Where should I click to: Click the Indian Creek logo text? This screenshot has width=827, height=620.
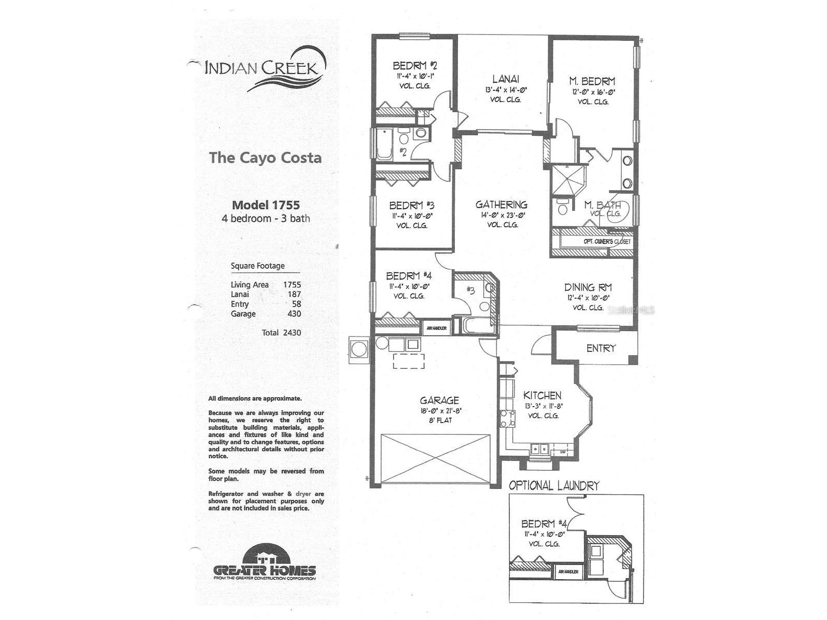(261, 68)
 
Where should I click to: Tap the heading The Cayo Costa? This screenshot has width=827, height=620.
(265, 158)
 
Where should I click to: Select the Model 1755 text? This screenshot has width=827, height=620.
(266, 205)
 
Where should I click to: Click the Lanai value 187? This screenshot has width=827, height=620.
(294, 294)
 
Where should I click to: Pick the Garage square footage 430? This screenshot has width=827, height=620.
(294, 314)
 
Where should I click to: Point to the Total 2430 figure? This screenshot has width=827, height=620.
(281, 333)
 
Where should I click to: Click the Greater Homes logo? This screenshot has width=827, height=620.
(265, 563)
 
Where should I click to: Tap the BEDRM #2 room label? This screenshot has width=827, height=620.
(415, 66)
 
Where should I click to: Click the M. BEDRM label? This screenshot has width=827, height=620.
(592, 81)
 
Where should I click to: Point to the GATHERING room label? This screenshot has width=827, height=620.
(501, 205)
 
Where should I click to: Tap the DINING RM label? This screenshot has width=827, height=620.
(588, 287)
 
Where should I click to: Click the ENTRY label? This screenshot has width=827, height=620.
(601, 348)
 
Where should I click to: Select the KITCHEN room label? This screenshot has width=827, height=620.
(542, 395)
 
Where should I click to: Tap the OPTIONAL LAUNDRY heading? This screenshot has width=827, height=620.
(554, 486)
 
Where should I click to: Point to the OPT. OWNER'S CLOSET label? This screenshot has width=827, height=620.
(607, 241)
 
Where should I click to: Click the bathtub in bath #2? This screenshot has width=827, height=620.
(384, 144)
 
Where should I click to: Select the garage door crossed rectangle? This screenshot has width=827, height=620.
(436, 459)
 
